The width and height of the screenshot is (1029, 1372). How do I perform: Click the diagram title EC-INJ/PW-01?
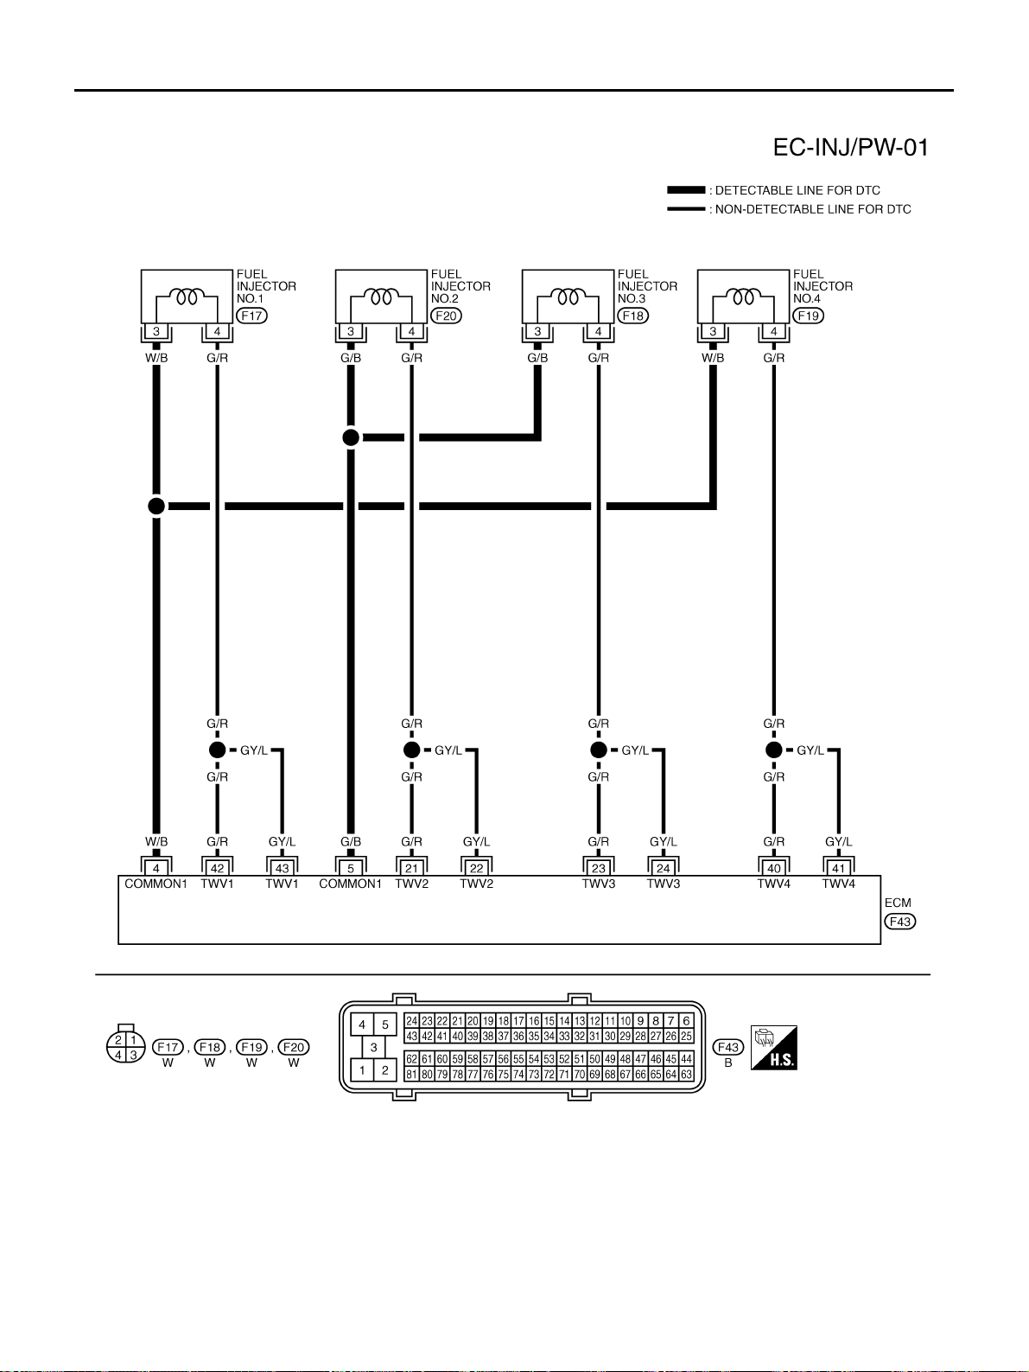[850, 148]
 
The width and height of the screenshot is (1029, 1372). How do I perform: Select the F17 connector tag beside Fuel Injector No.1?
[251, 316]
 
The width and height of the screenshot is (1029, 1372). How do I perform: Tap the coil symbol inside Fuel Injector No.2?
[381, 297]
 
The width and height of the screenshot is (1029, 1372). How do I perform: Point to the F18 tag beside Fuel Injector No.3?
[633, 316]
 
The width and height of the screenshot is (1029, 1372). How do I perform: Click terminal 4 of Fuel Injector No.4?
[773, 332]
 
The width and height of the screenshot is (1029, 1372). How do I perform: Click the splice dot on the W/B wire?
[156, 507]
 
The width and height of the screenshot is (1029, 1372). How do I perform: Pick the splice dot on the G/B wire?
[351, 437]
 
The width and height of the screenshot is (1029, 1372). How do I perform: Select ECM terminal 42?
[217, 868]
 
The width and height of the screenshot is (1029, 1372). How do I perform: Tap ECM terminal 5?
[351, 868]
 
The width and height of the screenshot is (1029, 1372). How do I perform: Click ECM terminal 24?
[664, 868]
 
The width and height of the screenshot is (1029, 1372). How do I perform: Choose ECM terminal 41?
[839, 868]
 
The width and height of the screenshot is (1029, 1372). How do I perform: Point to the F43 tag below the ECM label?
[899, 922]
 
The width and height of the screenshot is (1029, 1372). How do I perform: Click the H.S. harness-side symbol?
[773, 1048]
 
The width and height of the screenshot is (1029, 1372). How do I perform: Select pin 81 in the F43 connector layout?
[411, 1075]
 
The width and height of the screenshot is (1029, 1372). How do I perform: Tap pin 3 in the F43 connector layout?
[373, 1047]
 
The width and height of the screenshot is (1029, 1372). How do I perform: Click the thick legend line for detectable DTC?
[686, 190]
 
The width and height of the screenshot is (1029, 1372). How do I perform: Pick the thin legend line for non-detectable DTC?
[686, 208]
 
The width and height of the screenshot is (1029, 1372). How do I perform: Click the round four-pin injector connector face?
[125, 1046]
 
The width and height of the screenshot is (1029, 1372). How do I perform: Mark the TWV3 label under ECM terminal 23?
[599, 884]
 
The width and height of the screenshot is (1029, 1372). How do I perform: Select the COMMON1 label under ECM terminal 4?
[156, 884]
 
